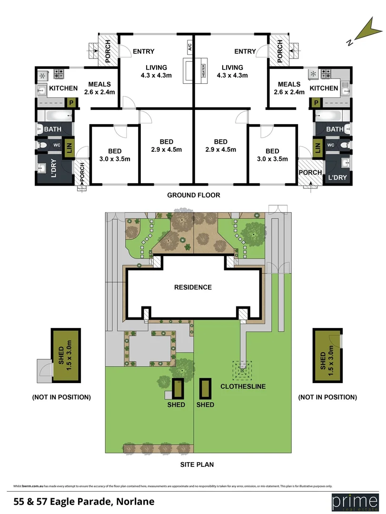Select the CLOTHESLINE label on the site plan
click(x=243, y=386)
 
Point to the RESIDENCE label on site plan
click(x=193, y=287)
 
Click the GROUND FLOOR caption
click(x=193, y=195)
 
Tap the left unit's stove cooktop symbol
click(x=59, y=74)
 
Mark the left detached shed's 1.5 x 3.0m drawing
click(x=66, y=356)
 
